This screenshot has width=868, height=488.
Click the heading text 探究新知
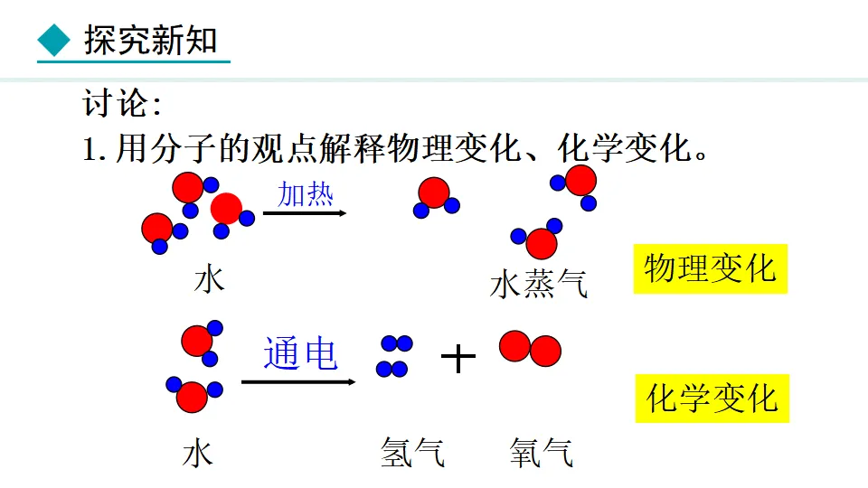click(x=150, y=40)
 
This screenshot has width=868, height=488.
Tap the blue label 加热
click(x=306, y=192)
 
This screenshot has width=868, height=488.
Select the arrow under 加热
click(x=305, y=214)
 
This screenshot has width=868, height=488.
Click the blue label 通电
click(x=300, y=353)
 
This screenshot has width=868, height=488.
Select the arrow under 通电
click(x=298, y=382)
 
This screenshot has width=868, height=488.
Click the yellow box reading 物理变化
click(x=710, y=268)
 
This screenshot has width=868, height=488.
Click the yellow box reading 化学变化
click(x=712, y=399)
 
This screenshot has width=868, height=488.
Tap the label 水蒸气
click(x=539, y=284)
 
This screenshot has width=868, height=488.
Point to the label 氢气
click(x=412, y=452)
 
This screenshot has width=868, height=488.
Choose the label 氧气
click(x=541, y=452)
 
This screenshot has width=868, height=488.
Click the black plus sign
click(x=458, y=359)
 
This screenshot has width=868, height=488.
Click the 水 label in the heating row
click(x=209, y=279)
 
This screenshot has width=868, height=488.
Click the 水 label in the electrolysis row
click(x=197, y=452)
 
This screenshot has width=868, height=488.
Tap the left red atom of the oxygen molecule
click(x=515, y=345)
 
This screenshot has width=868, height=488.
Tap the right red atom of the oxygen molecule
click(x=545, y=351)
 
